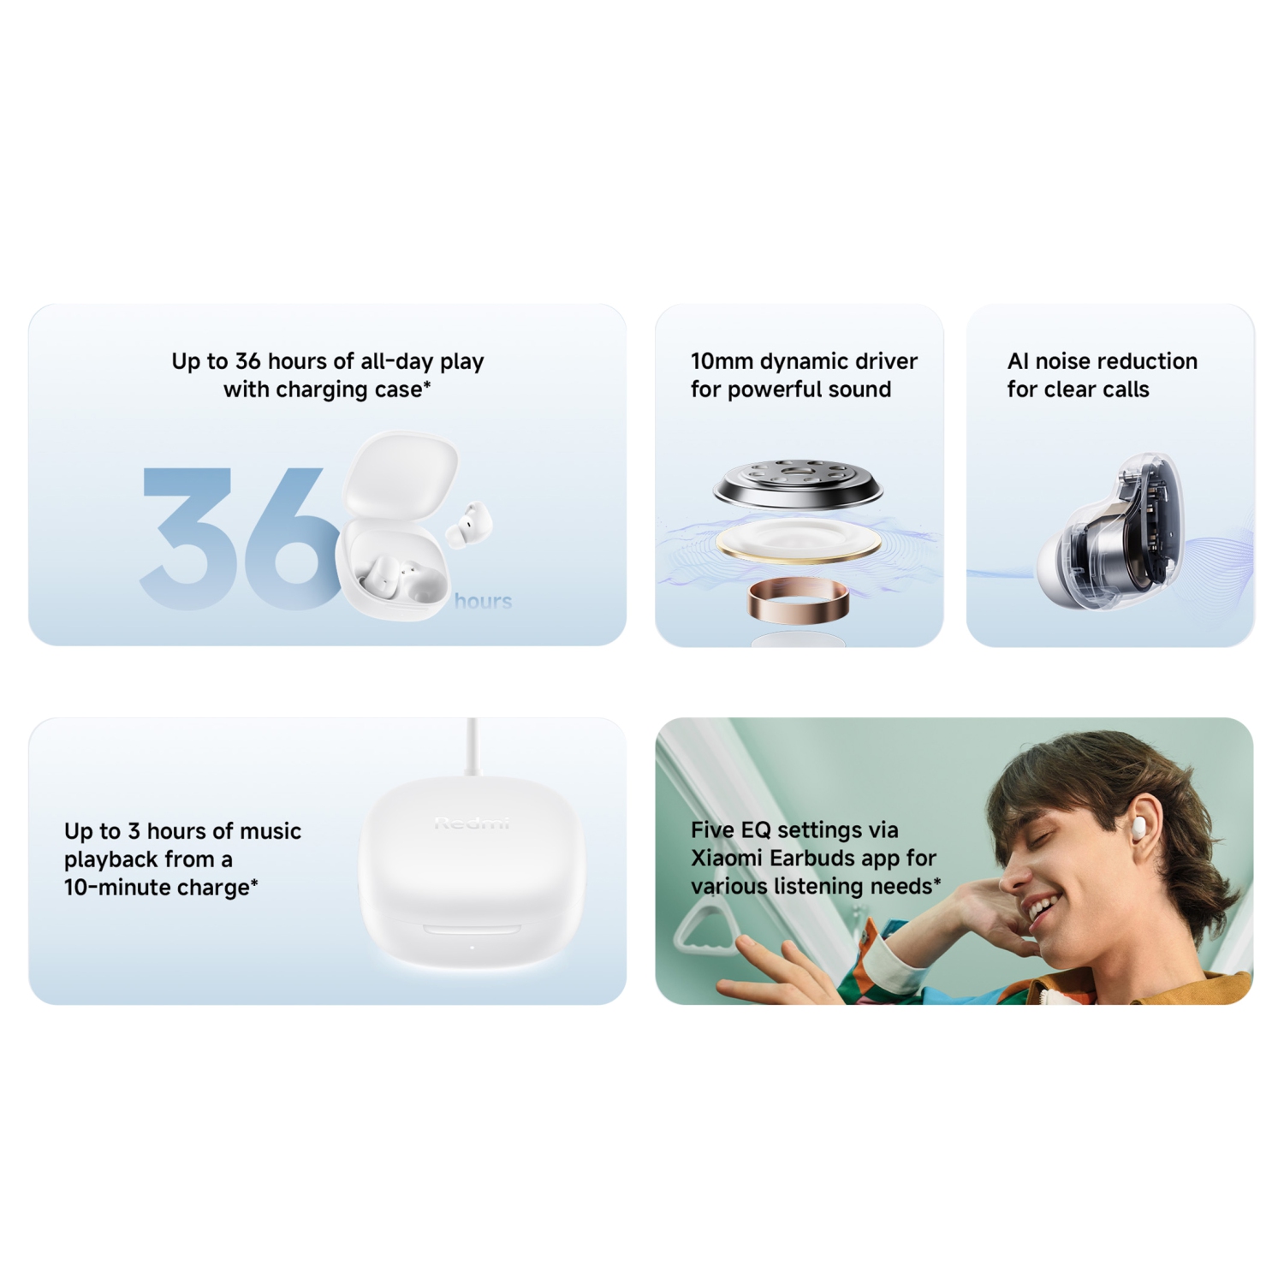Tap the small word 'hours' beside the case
coord(483,601)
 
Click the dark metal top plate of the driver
coord(798,484)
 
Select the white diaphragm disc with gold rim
coord(798,541)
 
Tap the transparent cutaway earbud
coord(1113,539)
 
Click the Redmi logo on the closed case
coord(472,823)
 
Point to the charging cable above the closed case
coord(472,745)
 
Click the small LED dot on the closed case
coord(472,947)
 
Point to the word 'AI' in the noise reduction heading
coord(1018,361)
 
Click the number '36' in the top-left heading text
coord(247,361)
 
